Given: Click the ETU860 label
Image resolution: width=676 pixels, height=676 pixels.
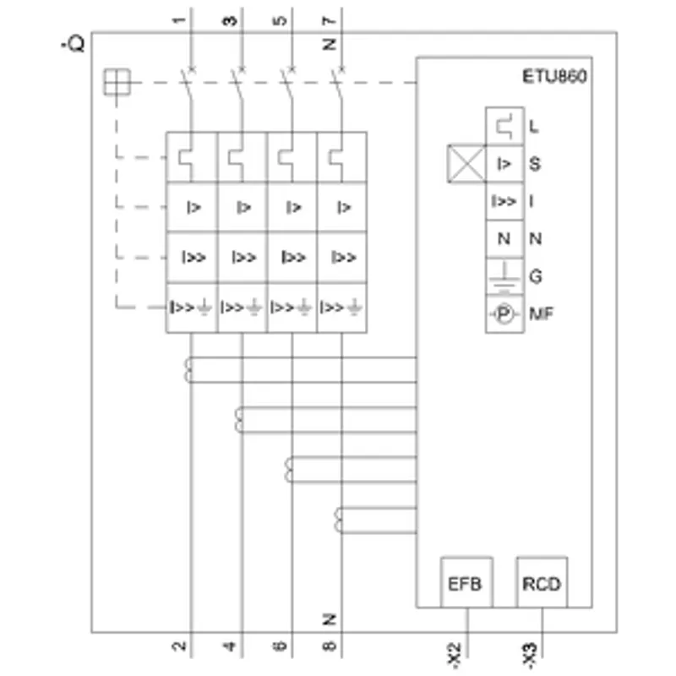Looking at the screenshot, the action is (554, 76).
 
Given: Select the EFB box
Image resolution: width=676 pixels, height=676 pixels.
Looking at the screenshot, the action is (466, 582).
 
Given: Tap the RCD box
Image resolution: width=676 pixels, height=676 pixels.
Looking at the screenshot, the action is (542, 582).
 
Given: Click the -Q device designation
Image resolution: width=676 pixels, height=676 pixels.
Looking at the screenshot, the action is (73, 44).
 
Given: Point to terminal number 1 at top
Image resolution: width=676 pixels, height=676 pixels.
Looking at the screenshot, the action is (179, 20).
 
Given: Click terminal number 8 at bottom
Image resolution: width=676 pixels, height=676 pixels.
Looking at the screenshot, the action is (329, 646).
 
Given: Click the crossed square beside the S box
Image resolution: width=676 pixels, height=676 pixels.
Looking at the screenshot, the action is (466, 164).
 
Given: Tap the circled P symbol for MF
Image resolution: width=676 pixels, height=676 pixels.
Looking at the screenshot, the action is (504, 313).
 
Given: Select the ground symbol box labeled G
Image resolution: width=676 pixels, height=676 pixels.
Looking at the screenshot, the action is (504, 276).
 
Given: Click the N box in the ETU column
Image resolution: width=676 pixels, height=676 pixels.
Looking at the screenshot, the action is (504, 239).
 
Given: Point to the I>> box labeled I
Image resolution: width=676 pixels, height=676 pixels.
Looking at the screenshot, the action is (504, 201).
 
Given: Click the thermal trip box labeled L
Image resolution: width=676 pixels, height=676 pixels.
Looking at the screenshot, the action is (504, 126).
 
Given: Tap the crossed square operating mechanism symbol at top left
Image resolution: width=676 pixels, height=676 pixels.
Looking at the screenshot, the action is (117, 82).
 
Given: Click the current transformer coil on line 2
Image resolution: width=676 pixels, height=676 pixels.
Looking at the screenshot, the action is (188, 370).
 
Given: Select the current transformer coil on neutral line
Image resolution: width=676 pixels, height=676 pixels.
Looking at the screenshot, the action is (339, 521).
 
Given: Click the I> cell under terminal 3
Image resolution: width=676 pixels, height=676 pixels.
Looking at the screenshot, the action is (243, 207).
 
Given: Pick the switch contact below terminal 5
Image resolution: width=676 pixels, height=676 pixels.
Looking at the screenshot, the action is (288, 84).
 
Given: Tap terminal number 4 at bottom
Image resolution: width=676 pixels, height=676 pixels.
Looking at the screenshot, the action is (229, 646).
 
